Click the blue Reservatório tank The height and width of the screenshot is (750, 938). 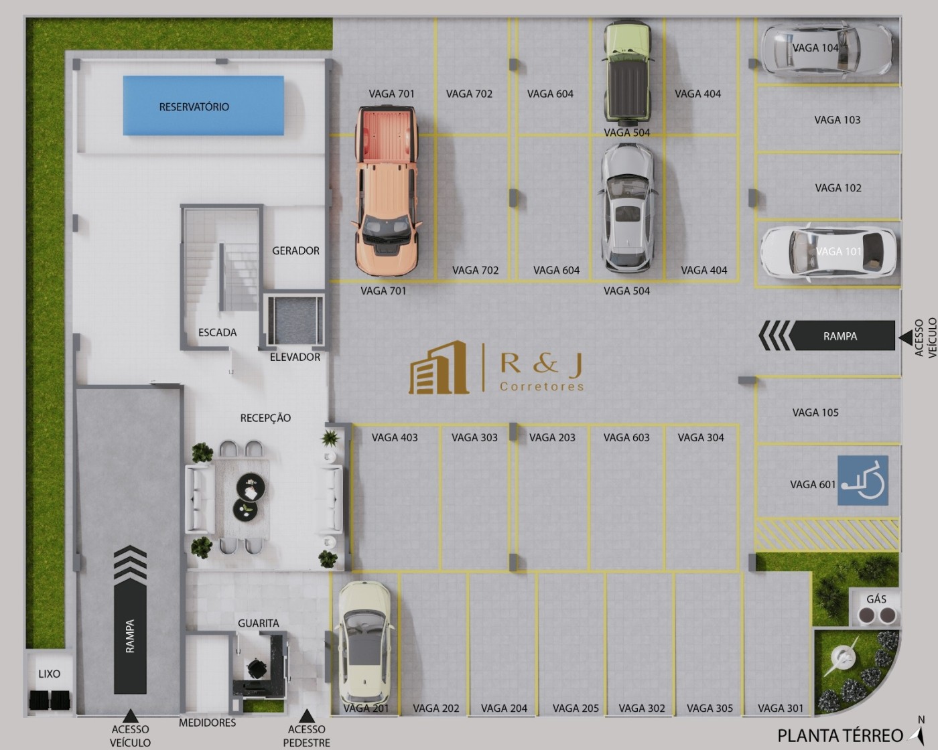[203, 106]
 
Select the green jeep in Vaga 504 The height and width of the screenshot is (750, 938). [628, 74]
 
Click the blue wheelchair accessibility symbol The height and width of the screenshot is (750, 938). [863, 481]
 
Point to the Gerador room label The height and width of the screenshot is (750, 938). [295, 251]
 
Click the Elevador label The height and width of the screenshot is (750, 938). [295, 358]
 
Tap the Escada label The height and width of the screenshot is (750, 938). [217, 333]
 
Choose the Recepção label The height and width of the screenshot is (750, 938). [265, 418]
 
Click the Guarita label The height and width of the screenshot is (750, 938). [258, 623]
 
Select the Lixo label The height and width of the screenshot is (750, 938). [49, 674]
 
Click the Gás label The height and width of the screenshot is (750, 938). [876, 599]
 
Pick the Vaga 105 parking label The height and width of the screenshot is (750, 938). [815, 412]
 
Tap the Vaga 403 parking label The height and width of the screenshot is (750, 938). [395, 438]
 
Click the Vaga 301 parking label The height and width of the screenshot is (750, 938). [780, 708]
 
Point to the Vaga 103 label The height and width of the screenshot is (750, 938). [837, 121]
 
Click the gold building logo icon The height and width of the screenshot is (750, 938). [439, 368]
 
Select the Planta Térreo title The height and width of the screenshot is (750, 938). [840, 736]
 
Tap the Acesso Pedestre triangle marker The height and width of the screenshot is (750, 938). [306, 716]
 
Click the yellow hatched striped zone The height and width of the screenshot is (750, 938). [827, 534]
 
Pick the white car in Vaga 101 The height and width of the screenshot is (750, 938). [828, 253]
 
